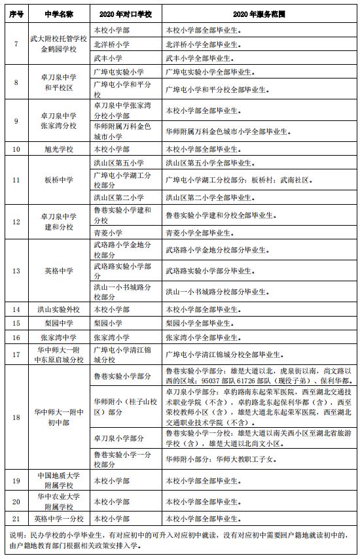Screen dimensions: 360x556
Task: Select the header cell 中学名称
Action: (58, 14)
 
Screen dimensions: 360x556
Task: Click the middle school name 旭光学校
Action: (58, 149)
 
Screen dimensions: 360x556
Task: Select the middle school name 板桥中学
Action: (58, 179)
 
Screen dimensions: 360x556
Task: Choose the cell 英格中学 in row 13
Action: (58, 270)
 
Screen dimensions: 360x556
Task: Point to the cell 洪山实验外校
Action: (58, 309)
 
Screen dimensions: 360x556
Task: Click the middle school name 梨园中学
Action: (58, 323)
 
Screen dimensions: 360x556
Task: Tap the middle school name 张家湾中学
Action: (58, 338)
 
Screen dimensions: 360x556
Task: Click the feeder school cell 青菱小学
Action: (108, 232)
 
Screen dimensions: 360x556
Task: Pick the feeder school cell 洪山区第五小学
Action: (118, 162)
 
